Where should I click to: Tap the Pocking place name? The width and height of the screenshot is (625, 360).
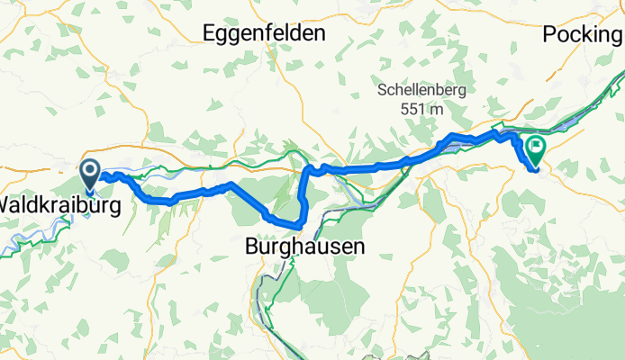pos(582,35)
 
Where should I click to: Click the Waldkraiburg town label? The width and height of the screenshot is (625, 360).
pos(59,205)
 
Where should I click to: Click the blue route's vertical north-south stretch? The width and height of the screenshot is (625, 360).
pos(303,193)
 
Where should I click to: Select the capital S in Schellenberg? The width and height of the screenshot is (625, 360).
pos(382,91)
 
